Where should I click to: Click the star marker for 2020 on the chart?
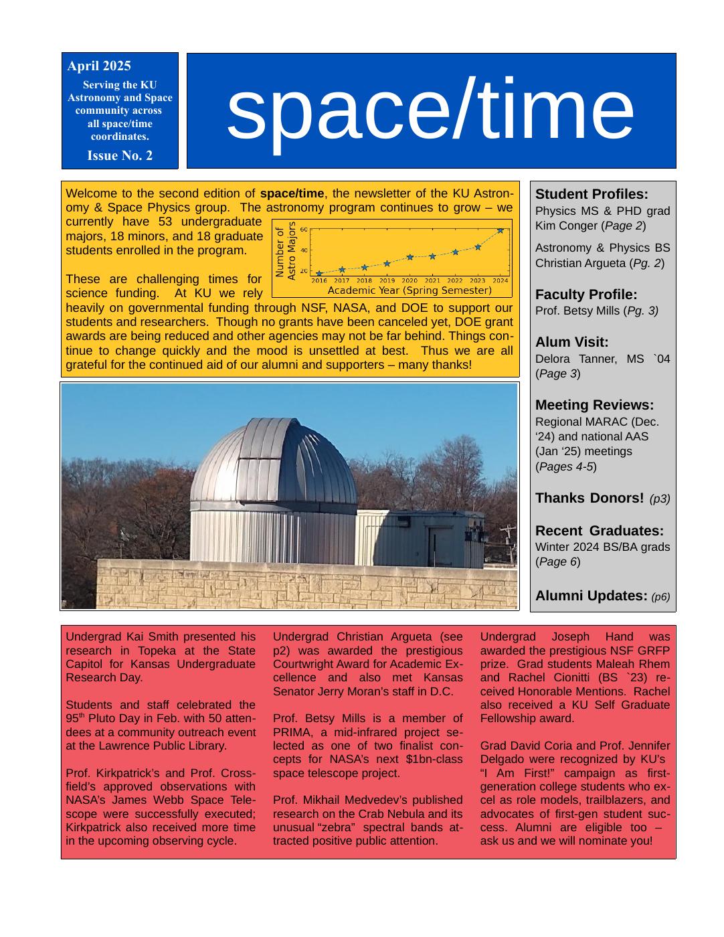click(410, 257)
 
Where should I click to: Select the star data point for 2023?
click(478, 247)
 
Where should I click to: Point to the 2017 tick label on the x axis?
click(341, 281)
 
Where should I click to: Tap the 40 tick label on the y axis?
click(303, 250)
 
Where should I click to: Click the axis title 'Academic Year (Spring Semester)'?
click(409, 290)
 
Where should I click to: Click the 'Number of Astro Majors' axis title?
click(285, 251)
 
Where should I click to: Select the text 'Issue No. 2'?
click(120, 156)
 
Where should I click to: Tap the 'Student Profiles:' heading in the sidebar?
click(592, 195)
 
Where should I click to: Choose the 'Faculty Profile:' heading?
click(585, 295)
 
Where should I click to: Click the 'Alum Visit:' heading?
click(571, 343)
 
